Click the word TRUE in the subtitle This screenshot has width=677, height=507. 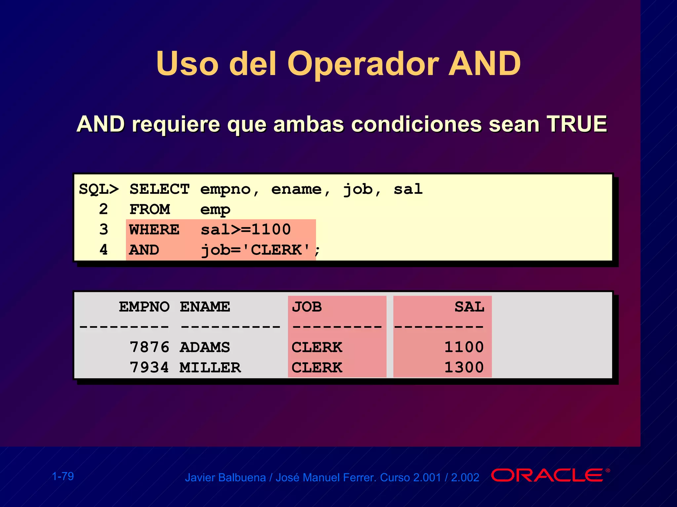(577, 124)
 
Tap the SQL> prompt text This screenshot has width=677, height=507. (99, 189)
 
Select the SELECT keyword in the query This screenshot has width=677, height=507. (159, 189)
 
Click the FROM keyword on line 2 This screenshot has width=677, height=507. (150, 210)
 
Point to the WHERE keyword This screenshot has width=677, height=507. (154, 230)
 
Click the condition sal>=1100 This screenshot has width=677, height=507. (246, 230)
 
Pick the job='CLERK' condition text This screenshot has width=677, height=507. (256, 250)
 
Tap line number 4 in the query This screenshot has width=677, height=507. (103, 250)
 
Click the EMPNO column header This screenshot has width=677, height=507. (144, 307)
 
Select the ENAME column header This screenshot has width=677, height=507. (205, 307)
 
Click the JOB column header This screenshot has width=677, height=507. (307, 307)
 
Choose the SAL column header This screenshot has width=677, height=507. (469, 307)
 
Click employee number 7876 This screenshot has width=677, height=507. (149, 347)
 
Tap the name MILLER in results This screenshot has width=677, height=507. (210, 368)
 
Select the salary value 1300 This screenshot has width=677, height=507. (464, 368)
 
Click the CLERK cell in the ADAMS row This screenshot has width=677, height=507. (317, 347)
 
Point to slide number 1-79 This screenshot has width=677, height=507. (63, 476)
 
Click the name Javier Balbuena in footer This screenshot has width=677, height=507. (225, 478)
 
